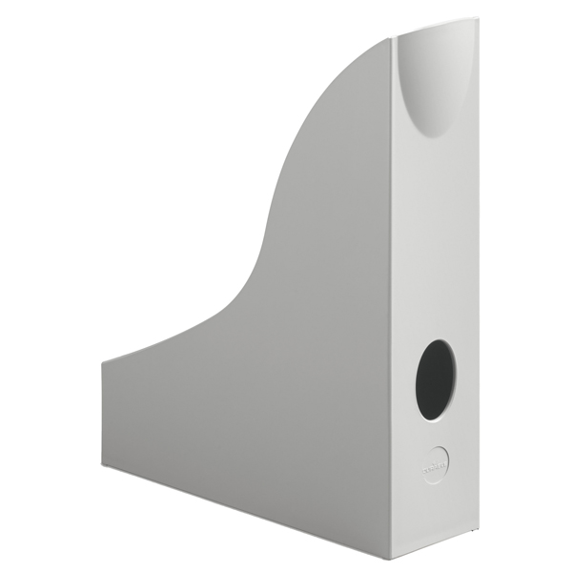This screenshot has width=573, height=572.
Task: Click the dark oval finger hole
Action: pos(435,380)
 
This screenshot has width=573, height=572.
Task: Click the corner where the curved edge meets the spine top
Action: pos(392,39)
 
